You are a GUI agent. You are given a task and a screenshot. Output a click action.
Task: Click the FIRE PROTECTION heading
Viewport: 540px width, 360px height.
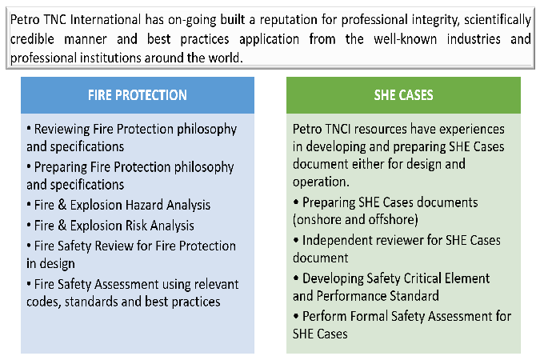click(137, 95)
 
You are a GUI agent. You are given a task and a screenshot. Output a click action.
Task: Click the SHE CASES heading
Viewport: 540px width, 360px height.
click(403, 95)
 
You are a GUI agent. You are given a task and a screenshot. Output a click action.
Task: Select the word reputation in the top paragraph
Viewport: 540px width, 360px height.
click(289, 20)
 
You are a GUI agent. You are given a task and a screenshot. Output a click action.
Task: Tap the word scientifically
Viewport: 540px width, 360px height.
click(498, 20)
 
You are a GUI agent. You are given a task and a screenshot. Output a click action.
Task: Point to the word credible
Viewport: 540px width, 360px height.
click(32, 39)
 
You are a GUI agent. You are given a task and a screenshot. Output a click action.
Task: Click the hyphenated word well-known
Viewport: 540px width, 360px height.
click(405, 39)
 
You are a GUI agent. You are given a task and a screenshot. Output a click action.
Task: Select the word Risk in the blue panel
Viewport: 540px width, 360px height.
click(136, 226)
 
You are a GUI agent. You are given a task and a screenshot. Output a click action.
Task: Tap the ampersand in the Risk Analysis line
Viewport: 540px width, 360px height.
click(62, 226)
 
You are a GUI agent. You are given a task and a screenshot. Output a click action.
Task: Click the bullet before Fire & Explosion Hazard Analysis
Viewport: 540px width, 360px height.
click(29, 204)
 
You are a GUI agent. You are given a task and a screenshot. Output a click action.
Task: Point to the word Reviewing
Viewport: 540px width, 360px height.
click(62, 130)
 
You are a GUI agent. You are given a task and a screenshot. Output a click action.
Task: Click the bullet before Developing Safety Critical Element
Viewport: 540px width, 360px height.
click(296, 278)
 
